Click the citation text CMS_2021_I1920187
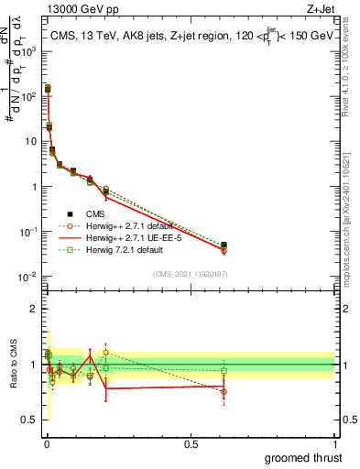191,272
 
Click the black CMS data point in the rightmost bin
224,245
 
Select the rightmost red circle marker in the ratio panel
224,391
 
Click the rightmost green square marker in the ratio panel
224,371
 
